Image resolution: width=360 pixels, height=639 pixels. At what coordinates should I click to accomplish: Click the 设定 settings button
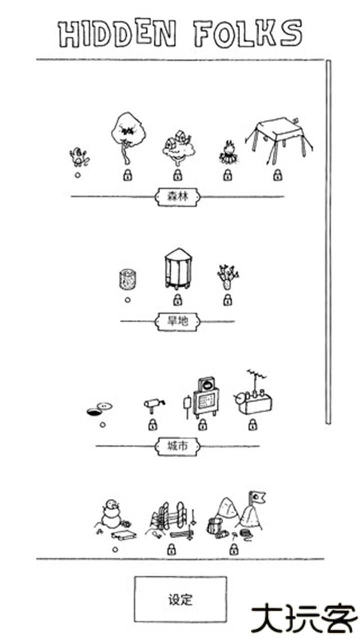click(180, 599)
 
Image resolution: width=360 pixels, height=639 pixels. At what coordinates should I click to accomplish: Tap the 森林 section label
click(177, 196)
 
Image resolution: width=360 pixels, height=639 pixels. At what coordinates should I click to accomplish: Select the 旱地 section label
click(177, 321)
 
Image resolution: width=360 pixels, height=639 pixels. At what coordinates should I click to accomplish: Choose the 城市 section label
click(177, 446)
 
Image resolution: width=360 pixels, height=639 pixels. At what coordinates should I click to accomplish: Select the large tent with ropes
click(277, 135)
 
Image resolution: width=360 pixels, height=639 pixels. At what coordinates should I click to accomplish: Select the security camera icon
click(153, 404)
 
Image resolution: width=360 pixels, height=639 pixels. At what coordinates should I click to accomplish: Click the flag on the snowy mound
click(258, 496)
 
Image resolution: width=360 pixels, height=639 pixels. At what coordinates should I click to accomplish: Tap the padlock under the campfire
click(227, 175)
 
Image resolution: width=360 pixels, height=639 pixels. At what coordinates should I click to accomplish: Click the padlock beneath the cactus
click(227, 300)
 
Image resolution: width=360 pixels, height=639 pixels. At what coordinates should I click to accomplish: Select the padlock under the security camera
click(152, 425)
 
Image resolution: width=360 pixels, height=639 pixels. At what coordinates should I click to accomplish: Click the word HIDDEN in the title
click(118, 34)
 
